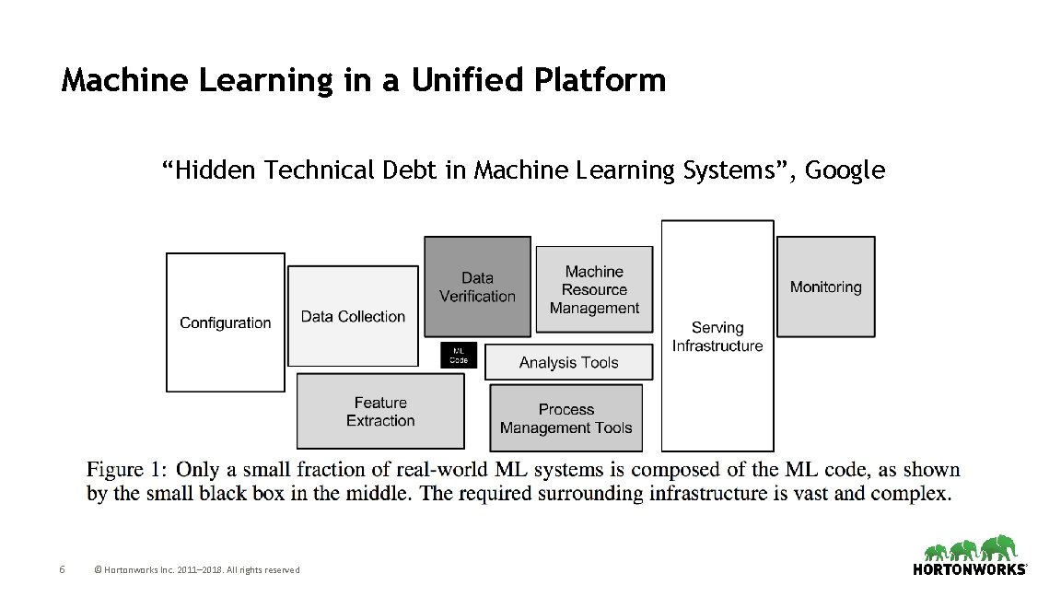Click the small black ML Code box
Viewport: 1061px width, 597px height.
point(459,355)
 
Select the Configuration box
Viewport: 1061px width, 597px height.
point(226,322)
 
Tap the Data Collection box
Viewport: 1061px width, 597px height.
point(353,316)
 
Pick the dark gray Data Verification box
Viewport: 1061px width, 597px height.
point(477,287)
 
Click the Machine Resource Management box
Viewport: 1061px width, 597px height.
point(594,289)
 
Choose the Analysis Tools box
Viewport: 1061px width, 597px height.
point(568,362)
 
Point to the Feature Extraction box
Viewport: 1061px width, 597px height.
point(380,411)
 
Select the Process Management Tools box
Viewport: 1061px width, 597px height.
point(565,418)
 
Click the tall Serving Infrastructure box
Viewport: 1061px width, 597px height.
point(717,336)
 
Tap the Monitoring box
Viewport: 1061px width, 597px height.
point(825,287)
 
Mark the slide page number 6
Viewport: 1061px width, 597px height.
point(61,569)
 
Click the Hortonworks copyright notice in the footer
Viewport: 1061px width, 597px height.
point(197,570)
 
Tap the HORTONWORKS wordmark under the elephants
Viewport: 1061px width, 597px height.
point(970,570)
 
